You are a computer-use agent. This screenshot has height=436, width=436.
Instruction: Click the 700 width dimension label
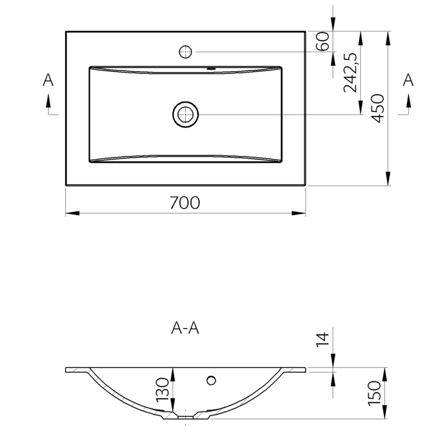(185, 202)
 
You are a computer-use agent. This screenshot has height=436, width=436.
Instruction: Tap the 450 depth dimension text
(378, 109)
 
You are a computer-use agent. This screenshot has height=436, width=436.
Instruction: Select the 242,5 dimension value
(350, 72)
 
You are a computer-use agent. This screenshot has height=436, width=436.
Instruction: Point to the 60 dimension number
(323, 41)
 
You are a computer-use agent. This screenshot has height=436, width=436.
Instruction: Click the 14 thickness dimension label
(323, 340)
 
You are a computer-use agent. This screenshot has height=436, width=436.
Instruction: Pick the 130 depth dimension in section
(162, 389)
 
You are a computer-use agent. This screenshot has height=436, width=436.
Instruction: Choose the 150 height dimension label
(374, 394)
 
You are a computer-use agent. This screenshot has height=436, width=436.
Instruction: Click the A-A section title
(185, 328)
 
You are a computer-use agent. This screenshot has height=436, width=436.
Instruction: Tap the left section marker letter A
(48, 80)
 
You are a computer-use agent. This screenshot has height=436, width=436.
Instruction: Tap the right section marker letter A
(408, 80)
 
